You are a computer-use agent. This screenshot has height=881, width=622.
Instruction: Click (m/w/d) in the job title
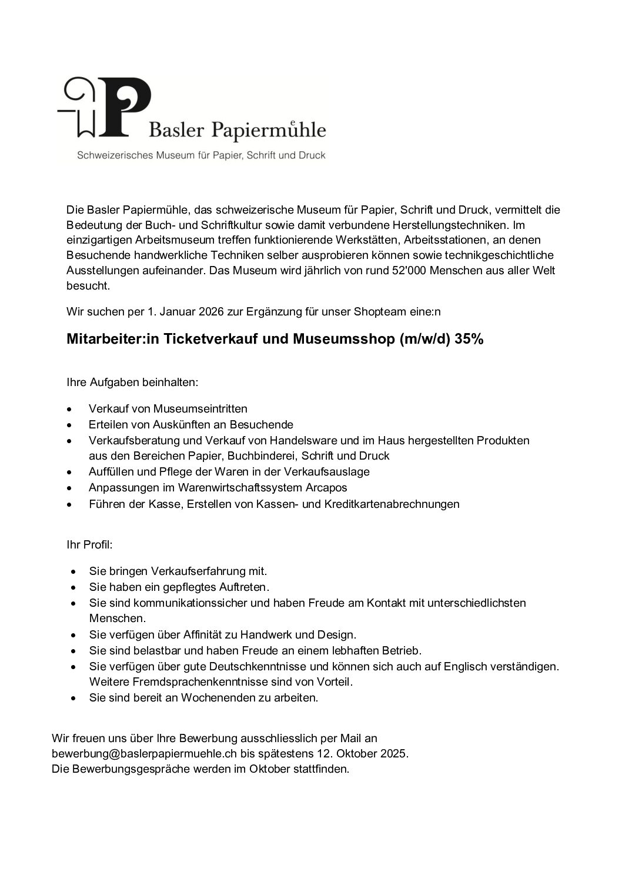point(424,340)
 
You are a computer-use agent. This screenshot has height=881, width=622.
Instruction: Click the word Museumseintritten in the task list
point(200,408)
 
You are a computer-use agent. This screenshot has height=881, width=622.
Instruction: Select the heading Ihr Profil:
point(89,544)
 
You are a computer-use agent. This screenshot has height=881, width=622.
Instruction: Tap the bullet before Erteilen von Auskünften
point(70,424)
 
